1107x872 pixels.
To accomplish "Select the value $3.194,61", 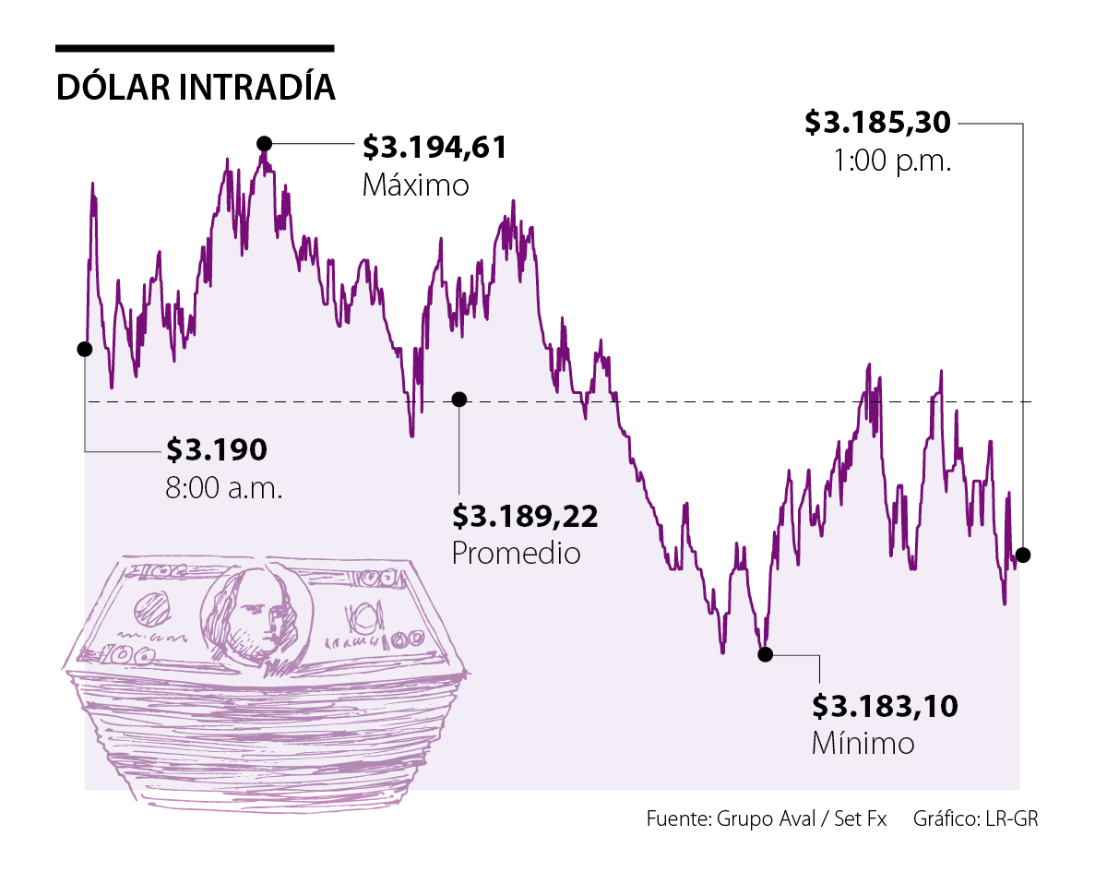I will pyautogui.click(x=434, y=148).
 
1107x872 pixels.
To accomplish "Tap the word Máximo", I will pyautogui.click(x=415, y=185).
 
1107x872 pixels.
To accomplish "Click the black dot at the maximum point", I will pyautogui.click(x=265, y=143).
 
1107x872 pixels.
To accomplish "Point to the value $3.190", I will pyautogui.click(x=217, y=449).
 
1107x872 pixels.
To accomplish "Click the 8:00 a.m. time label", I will pyautogui.click(x=224, y=486).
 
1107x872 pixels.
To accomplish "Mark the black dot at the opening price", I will pyautogui.click(x=85, y=349).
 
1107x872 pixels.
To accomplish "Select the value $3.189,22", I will pyautogui.click(x=524, y=516).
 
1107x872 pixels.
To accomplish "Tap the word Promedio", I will pyautogui.click(x=516, y=553).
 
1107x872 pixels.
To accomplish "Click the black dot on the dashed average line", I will pyautogui.click(x=459, y=399).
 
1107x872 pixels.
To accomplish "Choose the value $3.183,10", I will pyautogui.click(x=885, y=707).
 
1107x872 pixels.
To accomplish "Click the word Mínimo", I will pyautogui.click(x=863, y=743).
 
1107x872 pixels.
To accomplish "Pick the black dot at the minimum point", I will pyautogui.click(x=765, y=654).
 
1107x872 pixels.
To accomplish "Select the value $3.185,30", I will pyautogui.click(x=877, y=122).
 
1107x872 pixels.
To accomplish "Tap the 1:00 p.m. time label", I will pyautogui.click(x=891, y=162).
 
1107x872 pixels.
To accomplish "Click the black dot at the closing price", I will pyautogui.click(x=1022, y=555).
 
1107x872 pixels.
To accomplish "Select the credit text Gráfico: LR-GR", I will pyautogui.click(x=976, y=819).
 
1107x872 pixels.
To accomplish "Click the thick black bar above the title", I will pyautogui.click(x=195, y=48).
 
